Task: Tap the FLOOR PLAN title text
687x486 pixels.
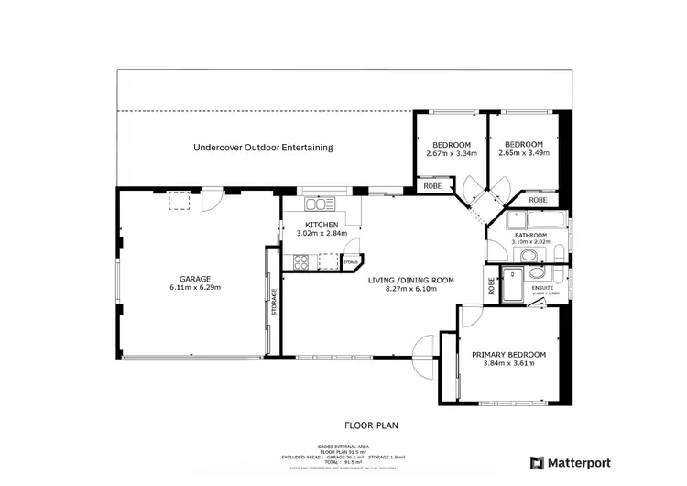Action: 371,425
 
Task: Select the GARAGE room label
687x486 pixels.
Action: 195,279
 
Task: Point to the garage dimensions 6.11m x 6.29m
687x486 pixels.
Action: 195,288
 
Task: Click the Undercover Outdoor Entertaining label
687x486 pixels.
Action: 263,148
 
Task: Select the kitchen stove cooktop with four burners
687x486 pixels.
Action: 300,262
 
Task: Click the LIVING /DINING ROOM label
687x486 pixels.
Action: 410,280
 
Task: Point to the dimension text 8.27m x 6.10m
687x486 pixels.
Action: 410,289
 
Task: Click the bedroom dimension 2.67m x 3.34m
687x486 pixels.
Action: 452,153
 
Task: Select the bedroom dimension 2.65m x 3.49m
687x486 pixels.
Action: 525,153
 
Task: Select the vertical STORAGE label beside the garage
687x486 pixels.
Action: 273,304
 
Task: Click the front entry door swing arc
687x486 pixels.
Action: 423,358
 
